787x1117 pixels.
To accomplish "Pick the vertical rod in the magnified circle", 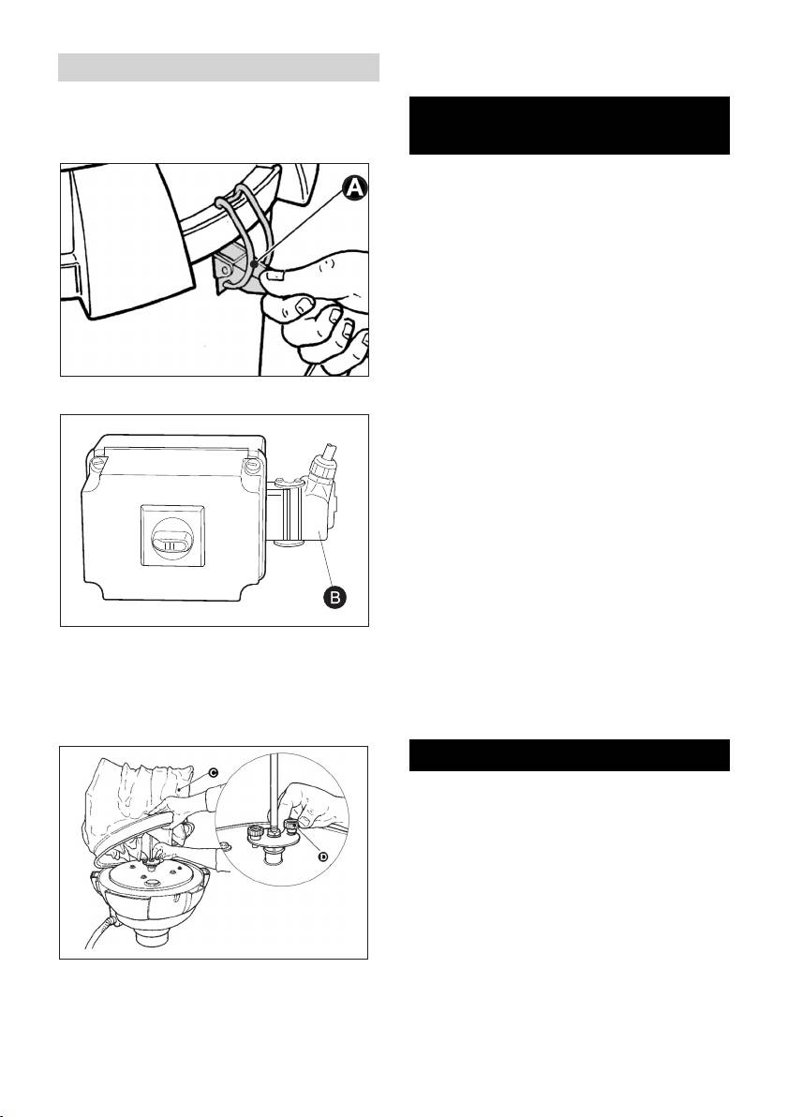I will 275,797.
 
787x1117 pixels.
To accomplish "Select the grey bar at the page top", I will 218,67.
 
